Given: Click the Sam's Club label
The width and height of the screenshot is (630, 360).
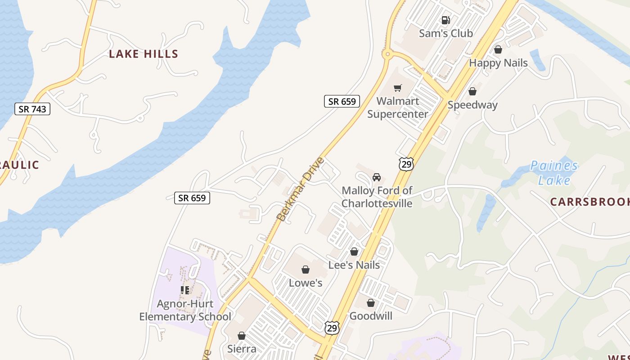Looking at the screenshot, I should coord(445,33).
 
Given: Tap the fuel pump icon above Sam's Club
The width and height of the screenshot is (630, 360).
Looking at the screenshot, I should coord(445,20).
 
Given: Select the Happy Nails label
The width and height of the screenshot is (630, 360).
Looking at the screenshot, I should coord(498,63).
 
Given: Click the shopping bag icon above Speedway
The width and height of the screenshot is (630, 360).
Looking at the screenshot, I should coord(472,92).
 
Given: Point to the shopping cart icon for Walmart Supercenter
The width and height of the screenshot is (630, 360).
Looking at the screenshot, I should coord(397,88).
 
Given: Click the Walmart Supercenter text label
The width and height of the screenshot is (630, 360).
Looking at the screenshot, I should coord(397,108).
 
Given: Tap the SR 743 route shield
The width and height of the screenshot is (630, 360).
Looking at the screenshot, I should coord(32,109).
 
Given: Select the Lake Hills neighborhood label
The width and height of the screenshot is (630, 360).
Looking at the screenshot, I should coord(144,54).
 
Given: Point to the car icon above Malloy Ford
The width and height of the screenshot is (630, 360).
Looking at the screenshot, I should coord(377,177).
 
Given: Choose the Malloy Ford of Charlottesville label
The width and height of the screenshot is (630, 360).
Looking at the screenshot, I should coord(377,197).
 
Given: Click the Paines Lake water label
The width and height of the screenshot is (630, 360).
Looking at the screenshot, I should coord(554,173).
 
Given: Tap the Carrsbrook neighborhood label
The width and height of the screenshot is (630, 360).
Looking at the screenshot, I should coord(589,202).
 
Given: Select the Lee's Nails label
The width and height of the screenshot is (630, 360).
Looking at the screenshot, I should coord(354,265).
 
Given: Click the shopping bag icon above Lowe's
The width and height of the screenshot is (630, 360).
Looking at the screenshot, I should coord(306,270).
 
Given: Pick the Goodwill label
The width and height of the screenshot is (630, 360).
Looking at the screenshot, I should coord(371,316).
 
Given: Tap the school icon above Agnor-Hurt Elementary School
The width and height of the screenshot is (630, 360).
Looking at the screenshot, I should coord(184,290).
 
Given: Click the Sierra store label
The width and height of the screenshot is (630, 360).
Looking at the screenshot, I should coord(242,349).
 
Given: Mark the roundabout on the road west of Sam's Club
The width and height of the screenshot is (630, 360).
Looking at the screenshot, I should coord(386,55).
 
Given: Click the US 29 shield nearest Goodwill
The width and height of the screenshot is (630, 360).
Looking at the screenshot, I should coord(332,328).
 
